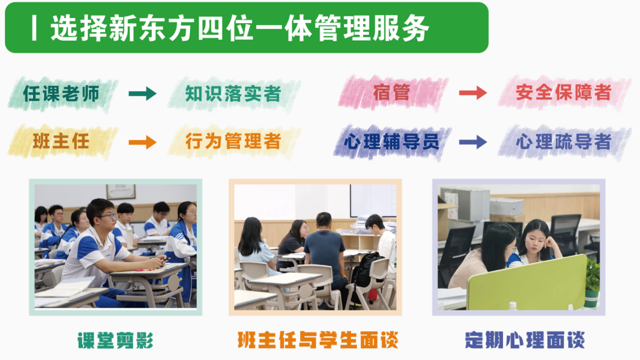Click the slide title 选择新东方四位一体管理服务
click(x=240, y=29)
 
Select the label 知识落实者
click(x=233, y=93)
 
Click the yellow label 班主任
click(x=61, y=141)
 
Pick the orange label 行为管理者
click(x=233, y=141)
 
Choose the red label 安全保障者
click(x=563, y=92)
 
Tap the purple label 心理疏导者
click(x=563, y=142)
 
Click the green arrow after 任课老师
click(x=143, y=94)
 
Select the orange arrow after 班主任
click(x=143, y=142)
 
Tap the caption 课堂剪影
click(x=116, y=340)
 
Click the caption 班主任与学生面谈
click(x=318, y=340)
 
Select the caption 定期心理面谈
click(x=524, y=340)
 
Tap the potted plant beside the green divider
click(x=592, y=282)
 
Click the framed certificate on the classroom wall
click(x=120, y=191)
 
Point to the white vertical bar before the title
click(x=34, y=29)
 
